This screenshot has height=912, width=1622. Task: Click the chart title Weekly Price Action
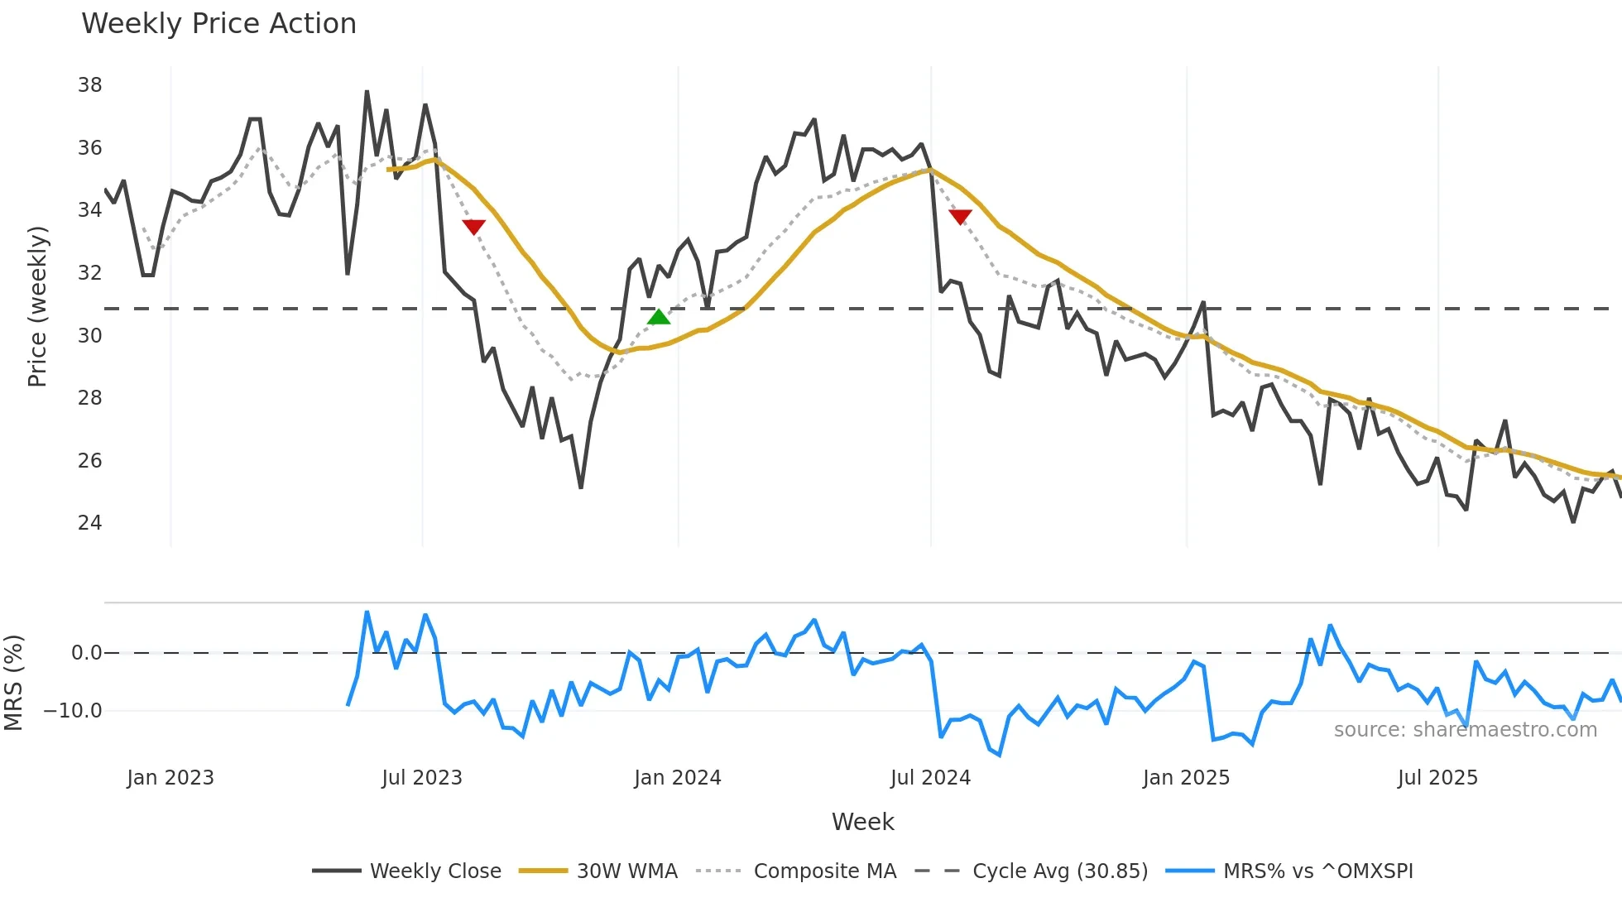click(218, 24)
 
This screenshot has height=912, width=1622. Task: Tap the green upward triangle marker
click(659, 317)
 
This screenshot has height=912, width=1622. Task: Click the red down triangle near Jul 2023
click(473, 227)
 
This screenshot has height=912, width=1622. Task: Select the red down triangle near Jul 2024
click(960, 217)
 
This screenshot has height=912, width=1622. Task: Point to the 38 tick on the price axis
click(89, 85)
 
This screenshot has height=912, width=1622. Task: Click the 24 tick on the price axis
click(89, 523)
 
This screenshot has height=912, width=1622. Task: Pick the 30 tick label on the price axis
click(89, 336)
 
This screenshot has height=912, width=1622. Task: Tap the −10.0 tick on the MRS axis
click(73, 711)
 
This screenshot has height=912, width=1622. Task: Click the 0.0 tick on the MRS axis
click(86, 653)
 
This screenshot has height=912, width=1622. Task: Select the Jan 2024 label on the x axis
click(677, 778)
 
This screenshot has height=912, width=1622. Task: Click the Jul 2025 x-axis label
click(1437, 778)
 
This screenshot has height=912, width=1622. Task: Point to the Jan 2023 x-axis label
click(170, 778)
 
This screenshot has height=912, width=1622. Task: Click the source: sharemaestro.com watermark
click(1465, 730)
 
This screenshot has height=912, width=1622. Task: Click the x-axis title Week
click(862, 822)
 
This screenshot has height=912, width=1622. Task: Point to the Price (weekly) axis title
click(37, 306)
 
